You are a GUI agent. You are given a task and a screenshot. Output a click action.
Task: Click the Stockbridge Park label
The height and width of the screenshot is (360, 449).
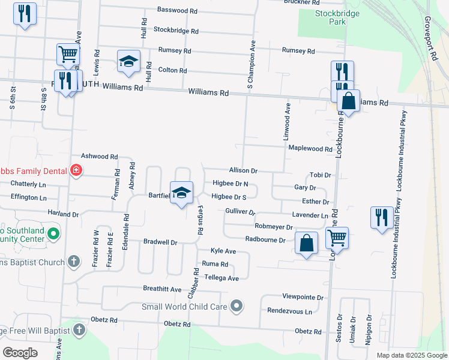click(330, 17)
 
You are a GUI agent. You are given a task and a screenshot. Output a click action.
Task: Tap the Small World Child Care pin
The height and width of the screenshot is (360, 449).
click(237, 306)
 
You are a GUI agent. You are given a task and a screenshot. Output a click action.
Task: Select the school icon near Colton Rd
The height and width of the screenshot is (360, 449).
click(128, 61)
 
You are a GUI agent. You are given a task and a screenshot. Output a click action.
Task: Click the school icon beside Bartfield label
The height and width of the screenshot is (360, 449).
click(181, 193)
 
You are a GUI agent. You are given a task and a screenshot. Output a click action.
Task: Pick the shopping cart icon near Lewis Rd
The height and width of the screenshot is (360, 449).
click(68, 55)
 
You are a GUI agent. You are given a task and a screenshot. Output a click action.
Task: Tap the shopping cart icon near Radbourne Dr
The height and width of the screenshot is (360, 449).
click(337, 238)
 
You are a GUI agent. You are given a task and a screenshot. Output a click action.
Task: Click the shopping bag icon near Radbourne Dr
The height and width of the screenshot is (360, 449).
click(306, 244)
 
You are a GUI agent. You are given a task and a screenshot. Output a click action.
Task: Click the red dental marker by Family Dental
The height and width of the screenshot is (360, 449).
click(76, 171)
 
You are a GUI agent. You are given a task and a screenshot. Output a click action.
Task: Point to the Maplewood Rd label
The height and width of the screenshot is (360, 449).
click(310, 149)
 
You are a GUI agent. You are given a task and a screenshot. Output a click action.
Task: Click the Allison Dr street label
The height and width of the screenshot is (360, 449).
click(243, 171)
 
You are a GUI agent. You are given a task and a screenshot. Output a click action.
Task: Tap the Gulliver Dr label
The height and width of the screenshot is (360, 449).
click(240, 212)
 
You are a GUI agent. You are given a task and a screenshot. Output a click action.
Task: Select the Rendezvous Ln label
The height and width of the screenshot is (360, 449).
click(290, 311)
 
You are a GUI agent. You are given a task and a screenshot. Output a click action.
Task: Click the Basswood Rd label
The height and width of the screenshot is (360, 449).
click(177, 11)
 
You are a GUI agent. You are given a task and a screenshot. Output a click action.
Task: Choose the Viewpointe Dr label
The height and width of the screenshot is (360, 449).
click(303, 297)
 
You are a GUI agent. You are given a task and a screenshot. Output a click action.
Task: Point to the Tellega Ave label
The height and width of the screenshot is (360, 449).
click(221, 278)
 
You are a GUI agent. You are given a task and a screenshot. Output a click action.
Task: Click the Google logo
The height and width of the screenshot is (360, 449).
click(20, 352)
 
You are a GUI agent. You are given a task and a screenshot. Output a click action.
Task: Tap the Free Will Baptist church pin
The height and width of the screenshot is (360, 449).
click(79, 330)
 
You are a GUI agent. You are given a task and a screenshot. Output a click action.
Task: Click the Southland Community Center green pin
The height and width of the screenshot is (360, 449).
click(53, 232)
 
